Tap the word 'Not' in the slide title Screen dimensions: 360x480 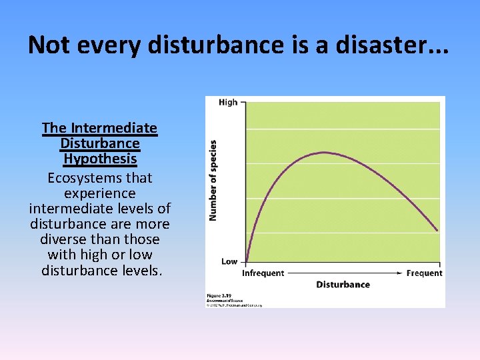pyautogui.click(x=49, y=45)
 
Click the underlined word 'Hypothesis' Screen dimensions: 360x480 pyautogui.click(x=100, y=159)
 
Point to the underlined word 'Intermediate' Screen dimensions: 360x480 pyautogui.click(x=114, y=127)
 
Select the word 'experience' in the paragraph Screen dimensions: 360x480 pyautogui.click(x=100, y=193)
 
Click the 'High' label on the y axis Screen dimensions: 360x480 pyautogui.click(x=228, y=103)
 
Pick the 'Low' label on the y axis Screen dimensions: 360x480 pyautogui.click(x=229, y=261)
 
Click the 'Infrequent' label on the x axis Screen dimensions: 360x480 pyautogui.click(x=263, y=273)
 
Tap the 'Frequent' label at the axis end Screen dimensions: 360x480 pyautogui.click(x=424, y=273)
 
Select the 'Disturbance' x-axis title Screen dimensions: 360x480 pyautogui.click(x=343, y=285)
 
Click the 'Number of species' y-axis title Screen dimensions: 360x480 pyautogui.click(x=213, y=180)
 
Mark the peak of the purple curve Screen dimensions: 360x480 pyautogui.click(x=323, y=153)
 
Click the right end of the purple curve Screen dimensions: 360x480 pyautogui.click(x=437, y=231)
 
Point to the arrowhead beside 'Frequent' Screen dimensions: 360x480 pyautogui.click(x=400, y=273)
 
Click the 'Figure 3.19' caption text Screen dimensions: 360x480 pyautogui.click(x=219, y=295)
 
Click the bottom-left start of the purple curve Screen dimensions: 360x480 pyautogui.click(x=247, y=261)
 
